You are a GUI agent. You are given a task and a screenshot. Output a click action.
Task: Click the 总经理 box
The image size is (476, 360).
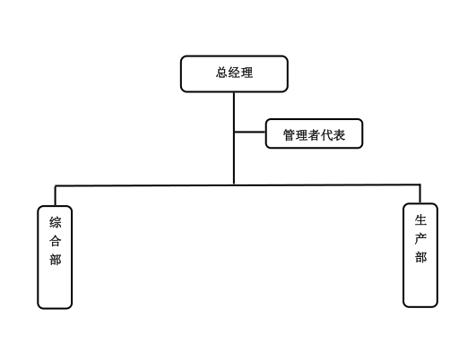coord(234,73)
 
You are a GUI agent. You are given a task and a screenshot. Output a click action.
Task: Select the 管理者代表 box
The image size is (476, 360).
coord(315,133)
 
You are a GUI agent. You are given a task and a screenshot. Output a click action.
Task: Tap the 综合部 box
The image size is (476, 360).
coord(55,257)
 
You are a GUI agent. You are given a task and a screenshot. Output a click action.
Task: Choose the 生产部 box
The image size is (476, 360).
coord(420,255)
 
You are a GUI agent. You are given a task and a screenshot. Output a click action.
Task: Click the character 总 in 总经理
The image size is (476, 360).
coord(222,73)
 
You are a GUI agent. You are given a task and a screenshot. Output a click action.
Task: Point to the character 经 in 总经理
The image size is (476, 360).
coord(234,73)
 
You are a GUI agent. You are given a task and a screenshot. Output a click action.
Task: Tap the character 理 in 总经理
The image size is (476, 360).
coord(247,73)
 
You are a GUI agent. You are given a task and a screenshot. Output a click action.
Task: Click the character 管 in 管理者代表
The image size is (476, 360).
coord(290,135)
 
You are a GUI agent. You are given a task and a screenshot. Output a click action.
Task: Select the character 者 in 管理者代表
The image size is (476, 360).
coord(315,135)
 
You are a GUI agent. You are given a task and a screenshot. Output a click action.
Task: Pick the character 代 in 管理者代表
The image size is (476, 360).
coord(326,135)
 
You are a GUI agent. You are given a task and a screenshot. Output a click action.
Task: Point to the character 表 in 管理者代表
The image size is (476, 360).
coord(339,135)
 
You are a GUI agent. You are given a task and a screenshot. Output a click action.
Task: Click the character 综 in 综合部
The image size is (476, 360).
coord(56,222)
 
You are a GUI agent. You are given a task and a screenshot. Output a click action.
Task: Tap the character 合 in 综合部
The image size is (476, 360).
coord(56,241)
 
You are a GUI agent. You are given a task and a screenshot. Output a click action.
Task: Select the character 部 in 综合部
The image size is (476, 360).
coord(56,260)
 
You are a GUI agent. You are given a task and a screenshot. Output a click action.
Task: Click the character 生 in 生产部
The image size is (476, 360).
coord(420,219)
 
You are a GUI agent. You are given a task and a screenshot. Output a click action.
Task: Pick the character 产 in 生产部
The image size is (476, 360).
coord(420,238)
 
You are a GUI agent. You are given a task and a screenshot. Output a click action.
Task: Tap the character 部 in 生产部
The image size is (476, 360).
coord(420,257)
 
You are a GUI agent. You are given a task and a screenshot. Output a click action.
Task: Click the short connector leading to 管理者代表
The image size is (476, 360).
coord(250,132)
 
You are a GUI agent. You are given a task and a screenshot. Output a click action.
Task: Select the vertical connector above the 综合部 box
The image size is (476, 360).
coord(56,195)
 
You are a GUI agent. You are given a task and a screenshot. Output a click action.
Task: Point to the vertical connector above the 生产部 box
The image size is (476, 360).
coord(420,193)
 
